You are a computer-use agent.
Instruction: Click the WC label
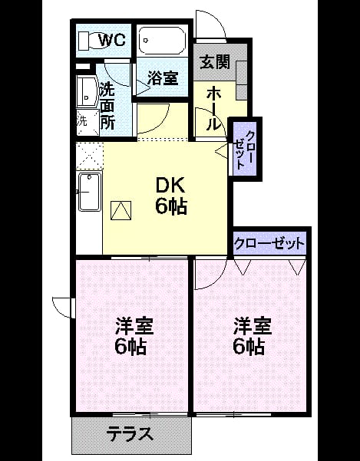coord(112,41)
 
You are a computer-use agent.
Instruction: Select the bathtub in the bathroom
coord(162,41)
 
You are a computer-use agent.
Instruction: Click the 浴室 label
coord(163,78)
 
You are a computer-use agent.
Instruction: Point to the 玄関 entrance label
coord(215,62)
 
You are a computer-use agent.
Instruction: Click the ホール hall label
coord(213,110)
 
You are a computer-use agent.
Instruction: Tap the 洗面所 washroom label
coord(107,107)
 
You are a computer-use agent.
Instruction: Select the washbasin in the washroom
coord(87,92)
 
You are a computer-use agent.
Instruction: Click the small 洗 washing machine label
coord(82,122)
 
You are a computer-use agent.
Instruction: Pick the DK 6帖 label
coord(171,196)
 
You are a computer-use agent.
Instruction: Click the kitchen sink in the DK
coord(89,192)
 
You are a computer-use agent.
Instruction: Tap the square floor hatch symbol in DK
coord(121,210)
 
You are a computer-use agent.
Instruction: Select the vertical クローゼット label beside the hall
coord(245,150)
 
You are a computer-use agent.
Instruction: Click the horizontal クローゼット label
coord(269,243)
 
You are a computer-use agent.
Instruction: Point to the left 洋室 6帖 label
coord(133,336)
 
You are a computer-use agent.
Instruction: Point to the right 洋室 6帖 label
coord(251,336)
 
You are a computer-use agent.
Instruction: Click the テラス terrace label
coord(130,433)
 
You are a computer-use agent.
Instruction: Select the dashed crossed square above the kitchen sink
coord(89,156)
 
